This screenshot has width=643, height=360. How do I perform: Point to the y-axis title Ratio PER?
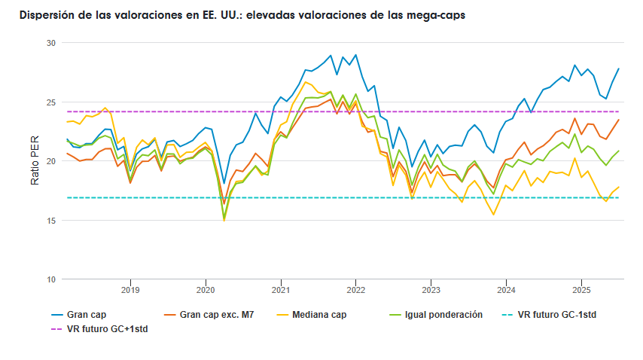point(35,161)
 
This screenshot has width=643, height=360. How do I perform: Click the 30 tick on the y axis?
point(51,43)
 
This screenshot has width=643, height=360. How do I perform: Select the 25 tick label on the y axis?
point(51,102)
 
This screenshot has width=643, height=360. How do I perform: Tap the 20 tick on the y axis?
point(51,161)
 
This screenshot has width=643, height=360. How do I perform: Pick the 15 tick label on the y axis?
point(51,221)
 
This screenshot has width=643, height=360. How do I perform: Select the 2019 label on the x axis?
point(130,290)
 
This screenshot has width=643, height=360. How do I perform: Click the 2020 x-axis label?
point(206,290)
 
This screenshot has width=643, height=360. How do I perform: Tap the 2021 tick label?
point(281,290)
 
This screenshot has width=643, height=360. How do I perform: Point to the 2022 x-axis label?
point(355,290)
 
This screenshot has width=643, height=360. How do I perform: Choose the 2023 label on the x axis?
point(431,290)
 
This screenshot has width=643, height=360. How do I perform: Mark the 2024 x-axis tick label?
point(506,290)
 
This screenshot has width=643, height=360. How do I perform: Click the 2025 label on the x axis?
point(581,290)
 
